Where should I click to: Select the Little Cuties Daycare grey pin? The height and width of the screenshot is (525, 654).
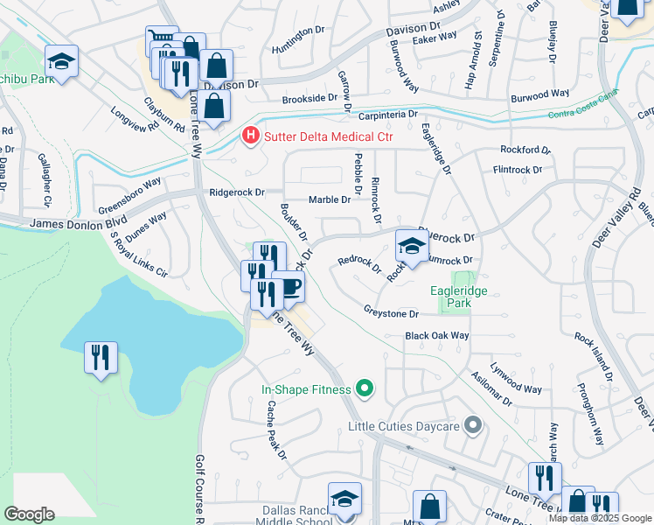point(473,426)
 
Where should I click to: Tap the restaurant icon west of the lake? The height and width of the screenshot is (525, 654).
point(101,357)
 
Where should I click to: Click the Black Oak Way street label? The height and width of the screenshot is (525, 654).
point(437,336)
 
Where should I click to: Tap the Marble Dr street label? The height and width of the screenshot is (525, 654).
point(328,199)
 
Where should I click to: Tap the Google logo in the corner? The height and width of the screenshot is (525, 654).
point(29,514)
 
